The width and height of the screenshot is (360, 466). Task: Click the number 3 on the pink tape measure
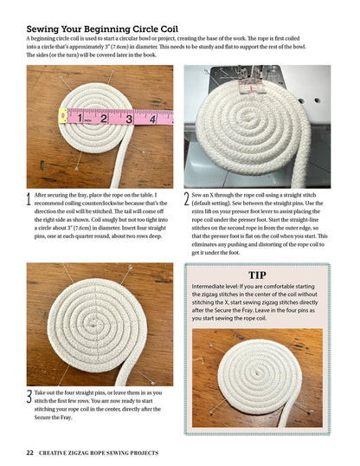(128, 119)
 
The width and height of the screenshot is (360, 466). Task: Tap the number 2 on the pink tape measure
(102, 117)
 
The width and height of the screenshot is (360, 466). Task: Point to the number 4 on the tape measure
(152, 120)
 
